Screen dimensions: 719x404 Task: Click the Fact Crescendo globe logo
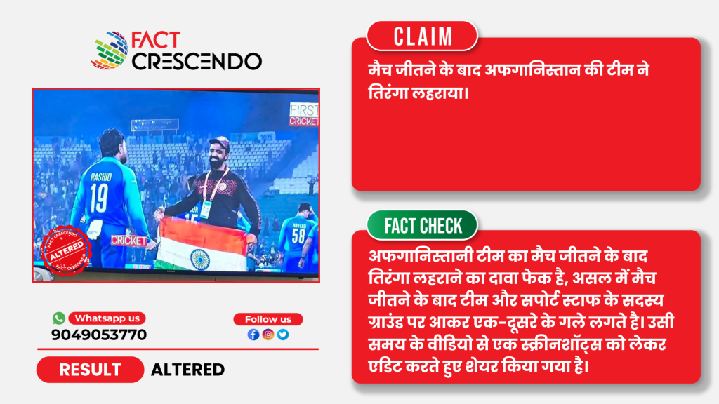pos(110,50)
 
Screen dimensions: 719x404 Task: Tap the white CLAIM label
pos(422,36)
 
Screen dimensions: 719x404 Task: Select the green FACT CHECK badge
pos(422,225)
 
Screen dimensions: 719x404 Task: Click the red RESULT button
pos(91,370)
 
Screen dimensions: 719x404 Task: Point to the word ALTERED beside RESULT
pos(187,370)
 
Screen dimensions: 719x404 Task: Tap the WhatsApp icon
pos(59,318)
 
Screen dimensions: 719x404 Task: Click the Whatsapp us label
pos(107,318)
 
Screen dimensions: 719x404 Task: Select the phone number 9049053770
pos(99,335)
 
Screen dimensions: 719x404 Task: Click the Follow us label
pos(268,319)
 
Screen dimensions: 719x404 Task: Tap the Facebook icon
pos(253,335)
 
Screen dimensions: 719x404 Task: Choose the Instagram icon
pos(268,335)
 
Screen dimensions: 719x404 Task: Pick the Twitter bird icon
pos(283,335)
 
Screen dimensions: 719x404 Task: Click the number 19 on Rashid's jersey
pos(99,198)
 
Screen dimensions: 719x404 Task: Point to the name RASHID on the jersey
pos(100,177)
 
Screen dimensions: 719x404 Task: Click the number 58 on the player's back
pos(298,236)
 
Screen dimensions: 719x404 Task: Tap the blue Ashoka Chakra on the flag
pos(200,260)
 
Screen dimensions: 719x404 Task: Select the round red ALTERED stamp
pos(66,250)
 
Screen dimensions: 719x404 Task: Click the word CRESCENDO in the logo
pos(197,62)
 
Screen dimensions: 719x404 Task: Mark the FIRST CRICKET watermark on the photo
pos(303,114)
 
